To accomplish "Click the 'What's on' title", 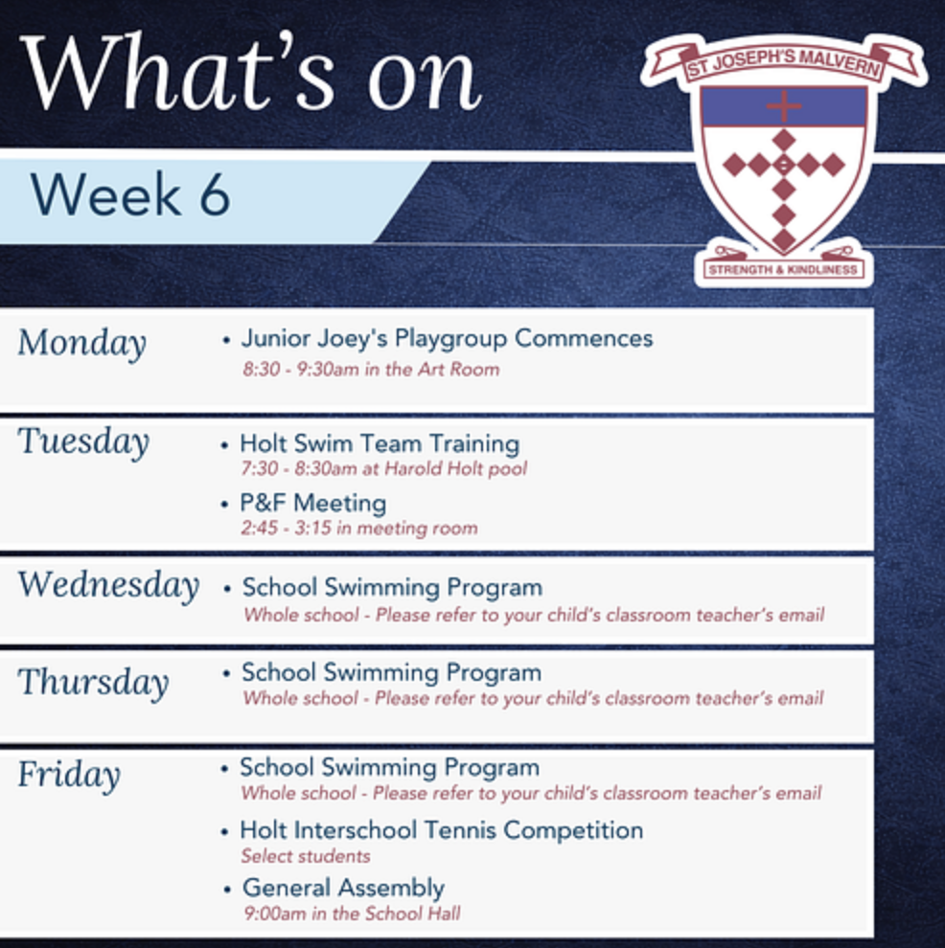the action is pyautogui.click(x=252, y=73).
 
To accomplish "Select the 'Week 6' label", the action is pyautogui.click(x=130, y=194).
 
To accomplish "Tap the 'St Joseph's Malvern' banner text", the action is pyautogui.click(x=783, y=63).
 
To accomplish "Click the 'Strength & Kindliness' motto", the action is pyautogui.click(x=783, y=270).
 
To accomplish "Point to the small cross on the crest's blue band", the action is pyautogui.click(x=783, y=106).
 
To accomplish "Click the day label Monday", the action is pyautogui.click(x=82, y=344).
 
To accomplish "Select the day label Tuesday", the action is pyautogui.click(x=83, y=441).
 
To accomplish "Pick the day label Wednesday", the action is pyautogui.click(x=109, y=585).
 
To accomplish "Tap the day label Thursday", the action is pyautogui.click(x=93, y=683).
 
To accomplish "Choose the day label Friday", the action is pyautogui.click(x=69, y=775).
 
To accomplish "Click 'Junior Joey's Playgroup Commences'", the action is pyautogui.click(x=447, y=339).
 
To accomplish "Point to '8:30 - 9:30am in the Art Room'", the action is pyautogui.click(x=372, y=369).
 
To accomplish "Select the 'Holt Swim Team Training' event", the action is pyautogui.click(x=380, y=443).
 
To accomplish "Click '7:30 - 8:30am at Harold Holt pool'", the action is pyautogui.click(x=384, y=468).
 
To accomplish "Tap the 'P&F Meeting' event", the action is pyautogui.click(x=313, y=503).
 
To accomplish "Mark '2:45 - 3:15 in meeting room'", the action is pyautogui.click(x=359, y=528).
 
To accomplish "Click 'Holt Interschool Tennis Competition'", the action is pyautogui.click(x=442, y=830).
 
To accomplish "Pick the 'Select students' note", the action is pyautogui.click(x=306, y=856).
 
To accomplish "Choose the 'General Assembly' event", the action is pyautogui.click(x=344, y=888).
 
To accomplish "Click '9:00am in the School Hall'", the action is pyautogui.click(x=353, y=913).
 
